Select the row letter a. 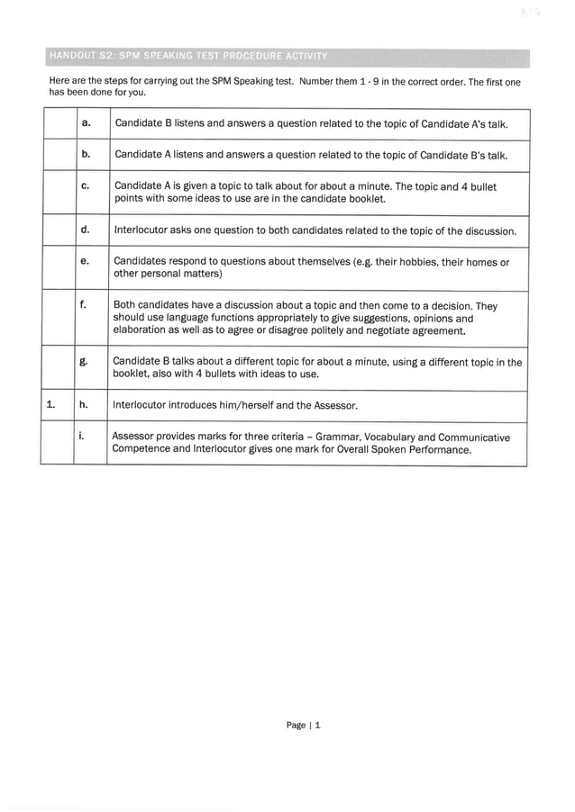[87, 123]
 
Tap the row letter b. [87, 155]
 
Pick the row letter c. [86, 186]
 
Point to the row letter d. [87, 230]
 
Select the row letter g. [86, 362]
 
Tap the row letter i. [84, 437]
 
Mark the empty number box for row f [58, 318]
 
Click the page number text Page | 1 [303, 725]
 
